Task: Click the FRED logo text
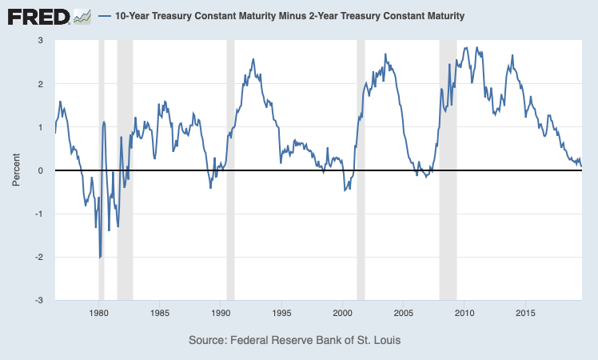[x=38, y=17]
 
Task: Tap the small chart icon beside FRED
[x=82, y=17]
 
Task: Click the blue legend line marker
[x=105, y=16]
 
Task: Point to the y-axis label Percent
[x=16, y=170]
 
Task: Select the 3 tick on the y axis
[x=41, y=40]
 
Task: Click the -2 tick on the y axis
[x=39, y=257]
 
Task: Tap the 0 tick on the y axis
[x=41, y=170]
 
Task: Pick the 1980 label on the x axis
[x=99, y=313]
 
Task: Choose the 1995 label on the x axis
[x=282, y=313]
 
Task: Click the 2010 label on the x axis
[x=464, y=313]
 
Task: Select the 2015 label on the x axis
[x=525, y=313]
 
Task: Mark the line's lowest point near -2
[x=100, y=258]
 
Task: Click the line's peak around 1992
[x=253, y=59]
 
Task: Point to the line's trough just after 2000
[x=345, y=190]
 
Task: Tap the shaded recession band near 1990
[x=230, y=170]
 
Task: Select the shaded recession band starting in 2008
[x=448, y=170]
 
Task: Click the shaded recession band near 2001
[x=361, y=170]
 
